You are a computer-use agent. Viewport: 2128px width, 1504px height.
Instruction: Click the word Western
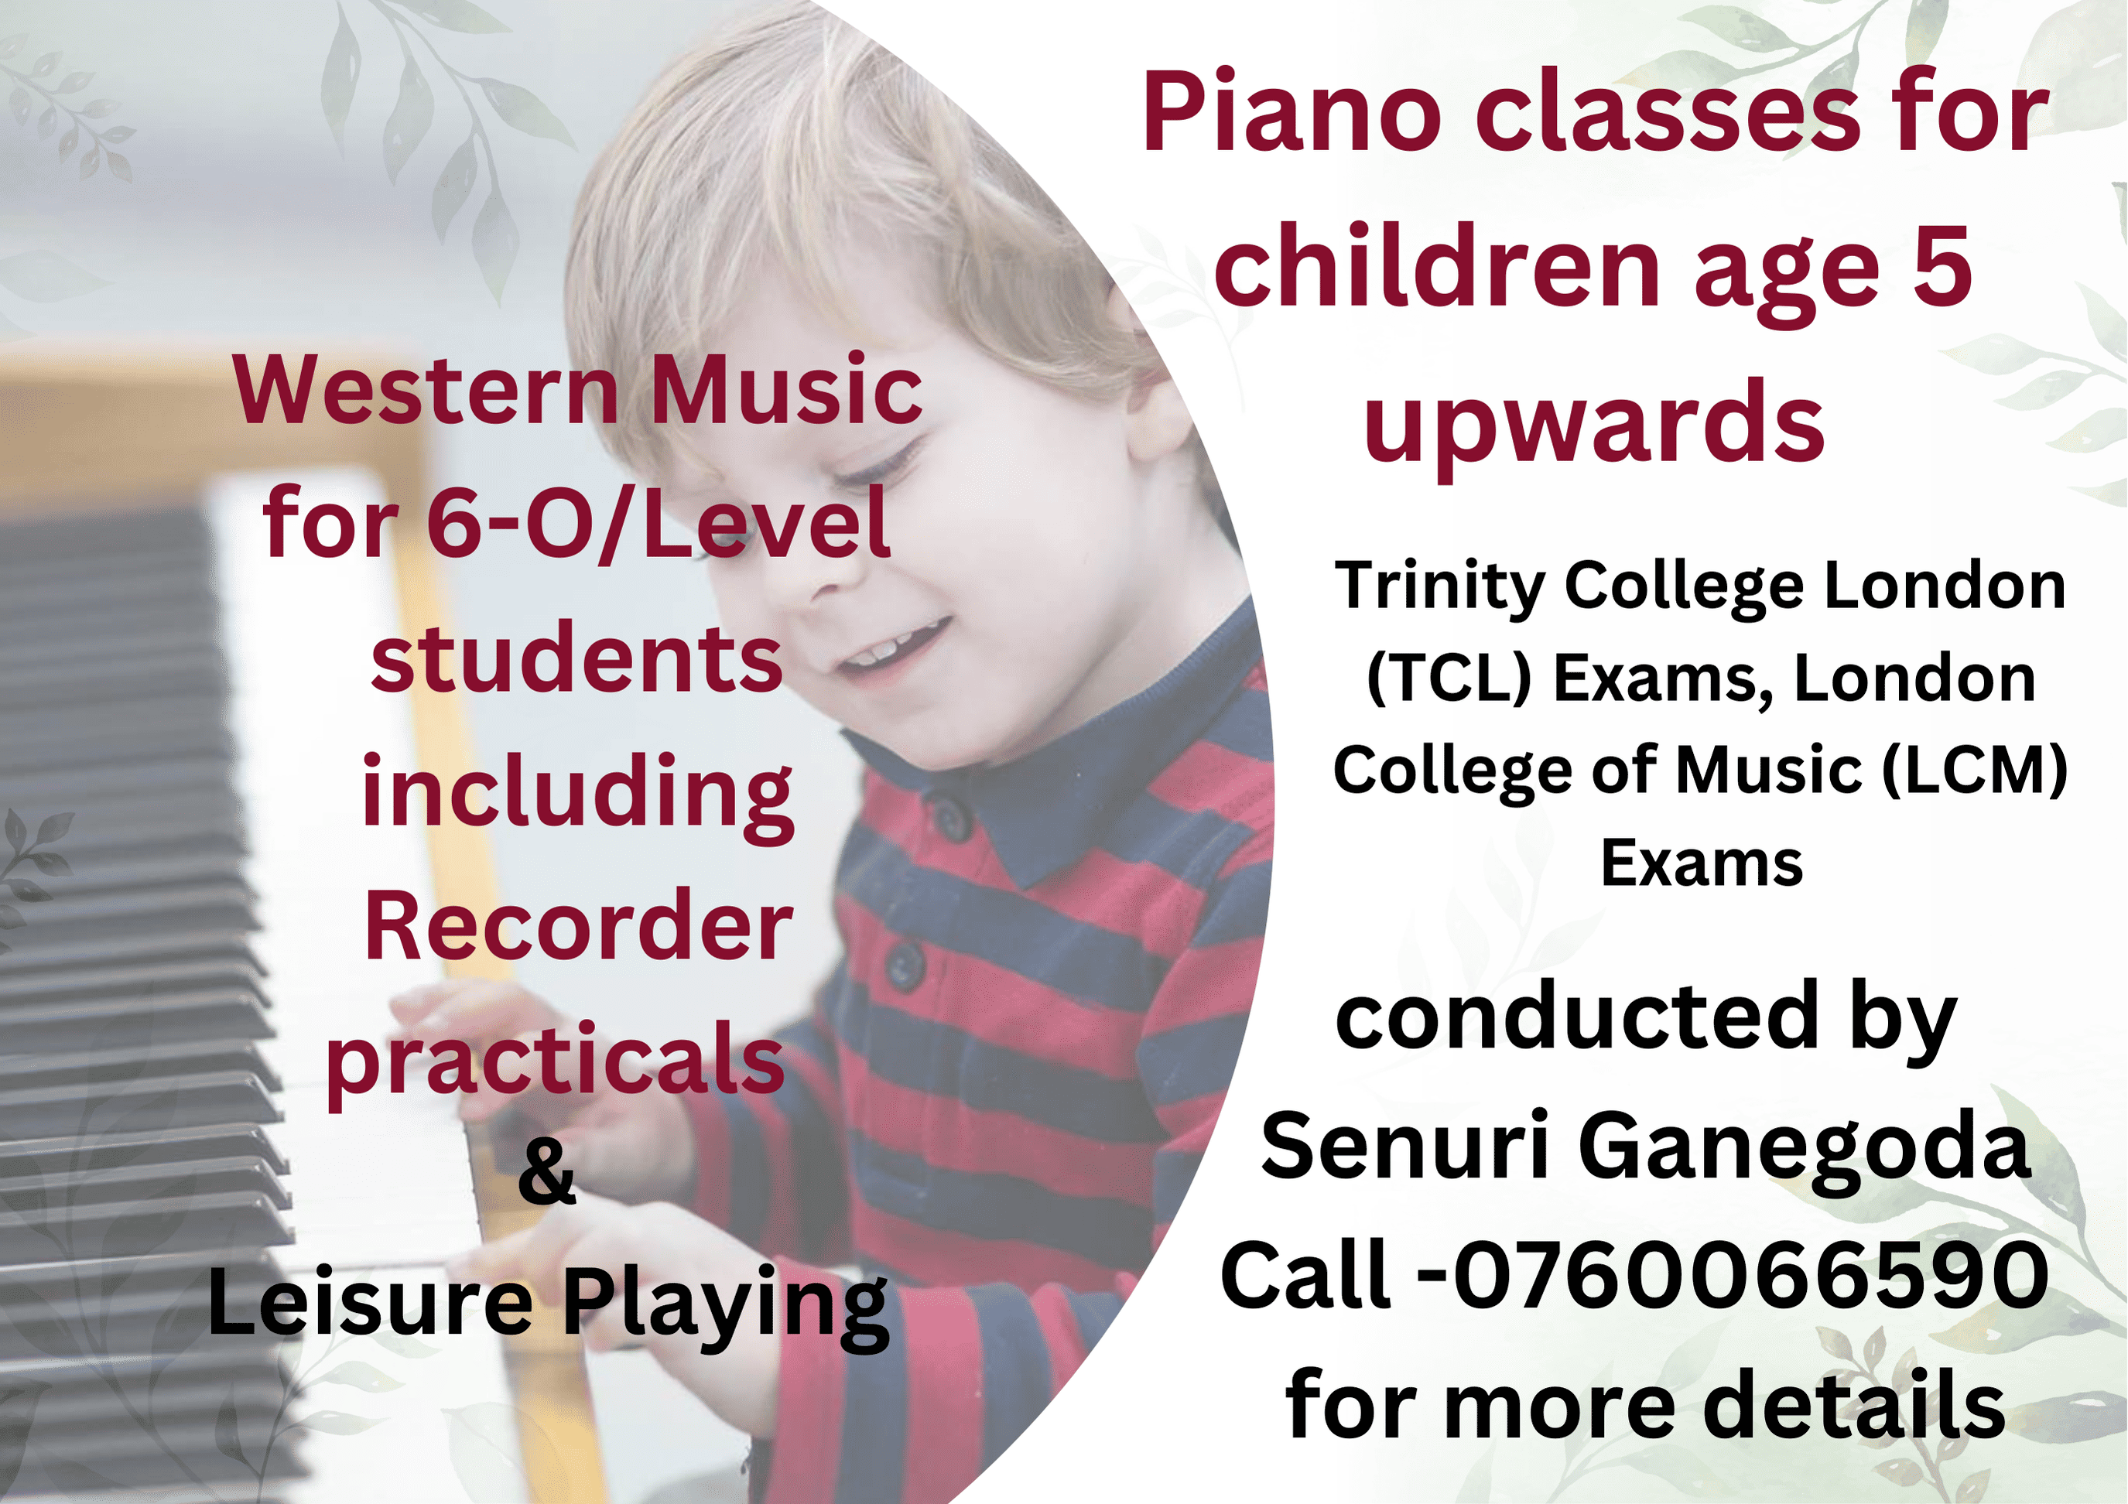pos(426,391)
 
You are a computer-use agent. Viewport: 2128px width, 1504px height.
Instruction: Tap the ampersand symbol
pos(547,1171)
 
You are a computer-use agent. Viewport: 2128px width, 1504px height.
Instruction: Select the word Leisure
pos(370,1303)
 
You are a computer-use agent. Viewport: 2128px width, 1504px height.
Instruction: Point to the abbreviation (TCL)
pos(1449,679)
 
